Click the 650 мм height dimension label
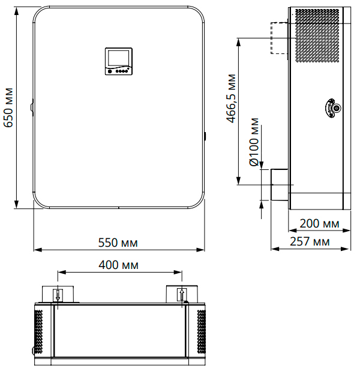pos(8,107)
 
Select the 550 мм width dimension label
pos(118,243)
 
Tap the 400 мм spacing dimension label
pos(118,265)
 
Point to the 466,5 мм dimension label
pos(231,98)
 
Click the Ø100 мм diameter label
pos(254,142)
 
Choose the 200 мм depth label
pos(319,223)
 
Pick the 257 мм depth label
pos(310,241)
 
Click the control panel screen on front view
pos(118,58)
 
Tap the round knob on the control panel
pos(110,71)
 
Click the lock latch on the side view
pos(333,108)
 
